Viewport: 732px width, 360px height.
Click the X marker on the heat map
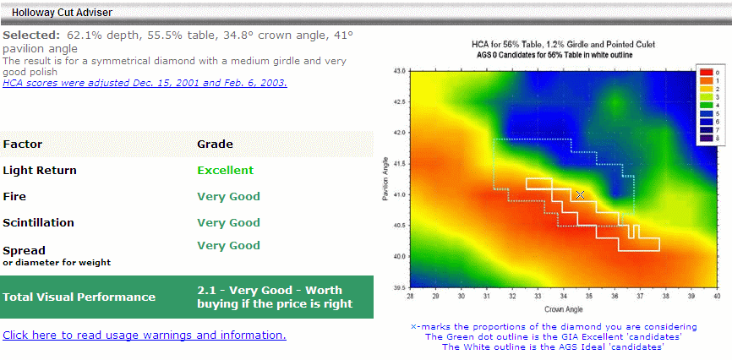(x=580, y=194)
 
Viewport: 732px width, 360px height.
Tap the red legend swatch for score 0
(x=706, y=73)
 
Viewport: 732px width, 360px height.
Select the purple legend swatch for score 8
(x=706, y=138)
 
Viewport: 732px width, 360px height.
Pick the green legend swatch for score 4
(x=706, y=105)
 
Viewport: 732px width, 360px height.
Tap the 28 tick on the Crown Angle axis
(x=410, y=297)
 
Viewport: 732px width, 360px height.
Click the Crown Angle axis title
(x=564, y=309)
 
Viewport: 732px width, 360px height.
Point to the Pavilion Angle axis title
(x=386, y=179)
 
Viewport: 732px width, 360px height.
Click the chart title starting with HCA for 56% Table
(x=564, y=45)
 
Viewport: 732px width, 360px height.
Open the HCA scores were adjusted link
(x=145, y=83)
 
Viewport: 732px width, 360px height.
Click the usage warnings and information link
(x=145, y=335)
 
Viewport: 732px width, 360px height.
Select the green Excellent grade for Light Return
(x=226, y=171)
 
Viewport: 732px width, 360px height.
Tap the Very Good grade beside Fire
(x=229, y=197)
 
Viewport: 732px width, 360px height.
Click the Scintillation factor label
(x=38, y=223)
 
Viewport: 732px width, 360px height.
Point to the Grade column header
(x=215, y=144)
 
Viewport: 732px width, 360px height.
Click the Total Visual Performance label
(x=79, y=297)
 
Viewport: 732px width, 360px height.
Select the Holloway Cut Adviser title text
(x=62, y=13)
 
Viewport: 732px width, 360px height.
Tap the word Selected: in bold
(x=32, y=35)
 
